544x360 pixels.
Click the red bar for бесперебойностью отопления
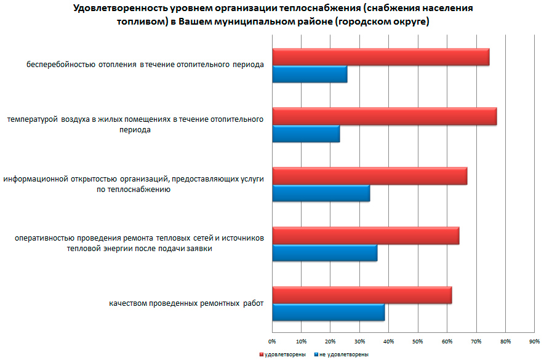pos(380,57)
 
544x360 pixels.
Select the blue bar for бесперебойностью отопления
pos(310,74)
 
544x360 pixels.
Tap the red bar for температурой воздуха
pos(384,116)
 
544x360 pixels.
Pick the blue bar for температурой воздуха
pos(306,134)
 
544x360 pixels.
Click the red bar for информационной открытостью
pos(369,176)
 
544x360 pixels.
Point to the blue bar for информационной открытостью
pos(321,193)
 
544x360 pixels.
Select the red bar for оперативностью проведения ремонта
pos(366,236)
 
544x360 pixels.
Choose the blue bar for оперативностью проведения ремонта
pos(324,253)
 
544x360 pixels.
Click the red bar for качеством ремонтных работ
pos(362,295)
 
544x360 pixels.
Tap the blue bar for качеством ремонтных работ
pos(328,313)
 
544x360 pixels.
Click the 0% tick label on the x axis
pos(272,341)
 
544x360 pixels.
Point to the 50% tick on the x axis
pos(417,341)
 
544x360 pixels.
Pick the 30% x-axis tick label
pos(359,341)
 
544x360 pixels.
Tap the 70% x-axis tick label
pos(476,341)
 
